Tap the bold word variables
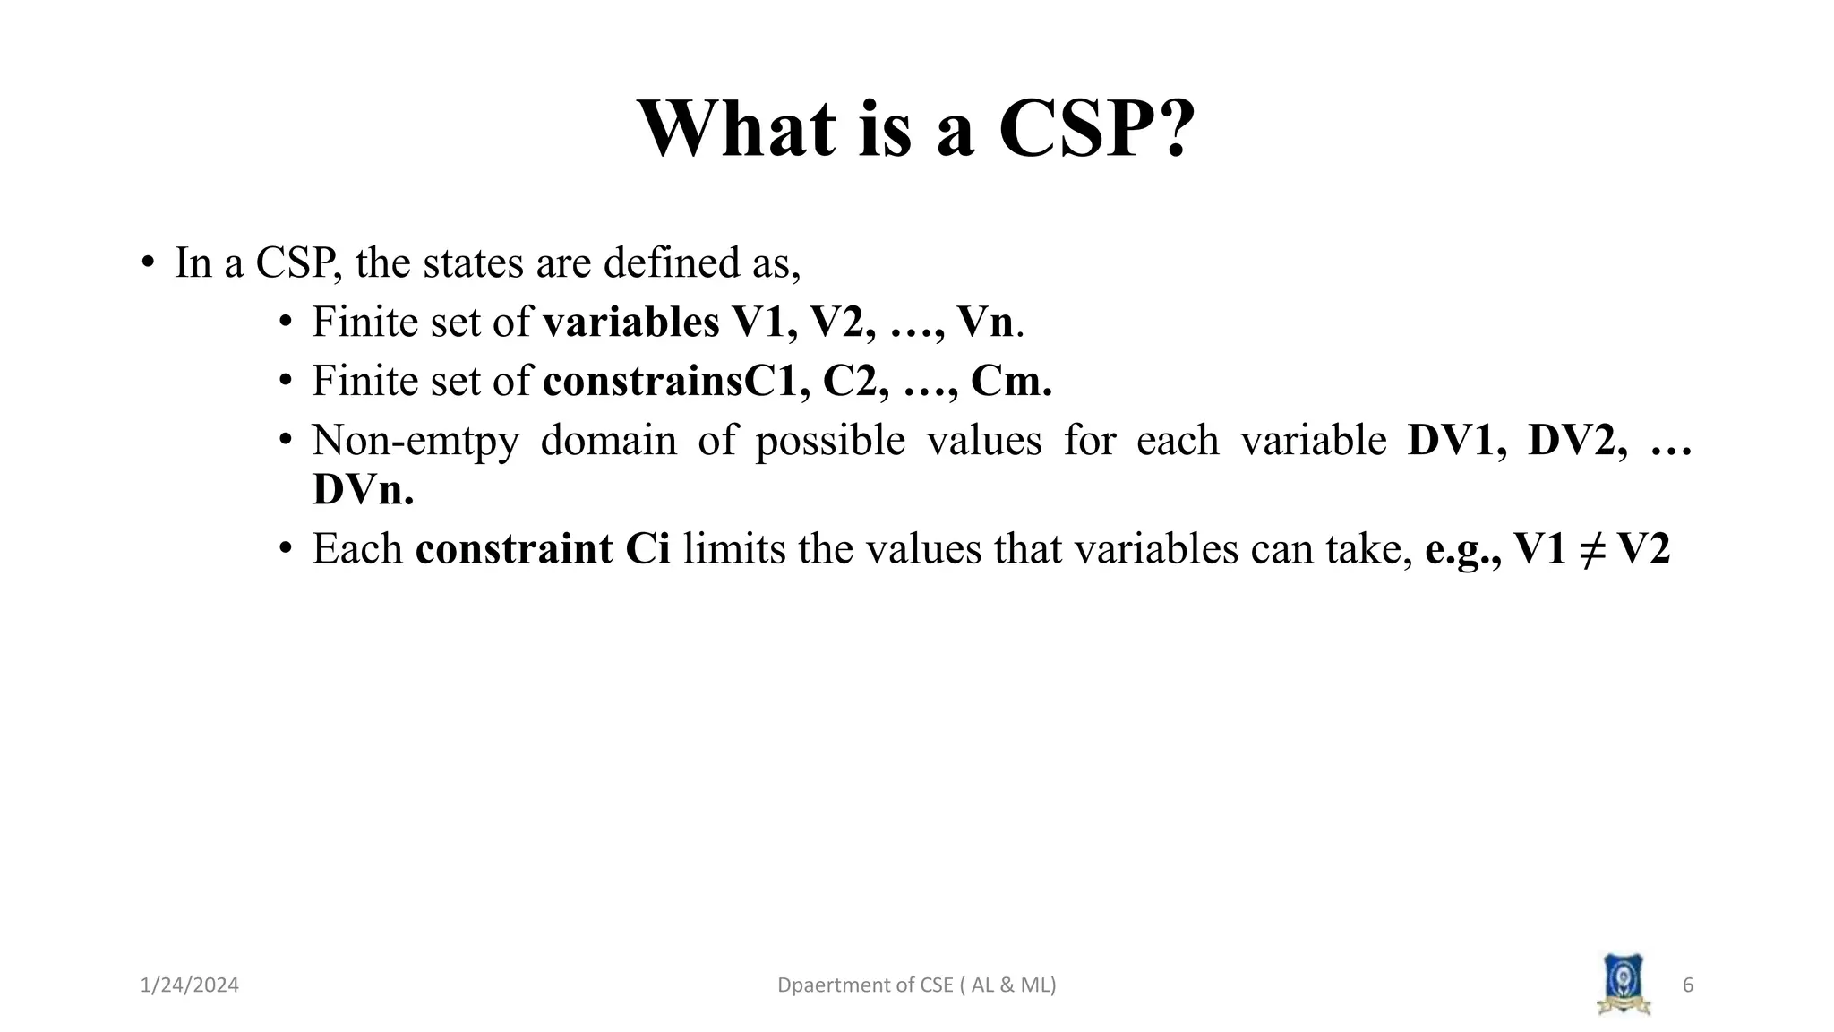coord(630,322)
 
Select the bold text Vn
coord(985,322)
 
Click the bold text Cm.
coord(1011,382)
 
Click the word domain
coord(608,441)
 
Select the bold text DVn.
coord(363,490)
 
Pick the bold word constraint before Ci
coord(513,549)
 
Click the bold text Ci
coord(647,549)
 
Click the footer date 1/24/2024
coord(190,985)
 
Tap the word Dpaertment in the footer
coord(824,985)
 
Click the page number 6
coord(1688,985)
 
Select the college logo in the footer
coord(1624,985)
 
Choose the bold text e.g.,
coord(1462,549)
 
